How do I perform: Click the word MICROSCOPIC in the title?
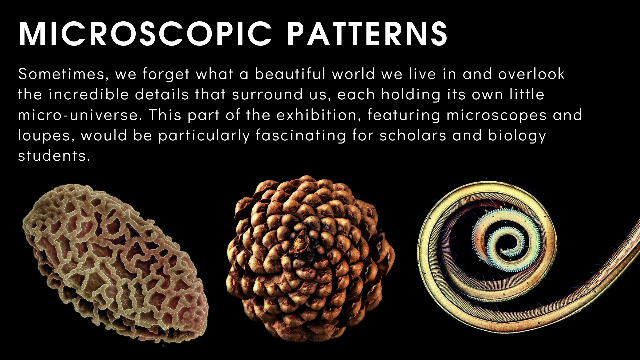(x=146, y=34)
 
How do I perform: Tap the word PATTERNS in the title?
(x=367, y=34)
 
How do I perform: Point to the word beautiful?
(x=290, y=74)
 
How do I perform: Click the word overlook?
(x=531, y=74)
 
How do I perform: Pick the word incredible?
(x=89, y=94)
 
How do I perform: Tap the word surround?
(x=267, y=95)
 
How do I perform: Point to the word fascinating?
(x=301, y=136)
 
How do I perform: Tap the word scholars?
(x=413, y=135)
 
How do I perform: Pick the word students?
(x=54, y=156)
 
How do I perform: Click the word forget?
(x=166, y=74)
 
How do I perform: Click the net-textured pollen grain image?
(x=115, y=263)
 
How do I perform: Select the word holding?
(x=411, y=95)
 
